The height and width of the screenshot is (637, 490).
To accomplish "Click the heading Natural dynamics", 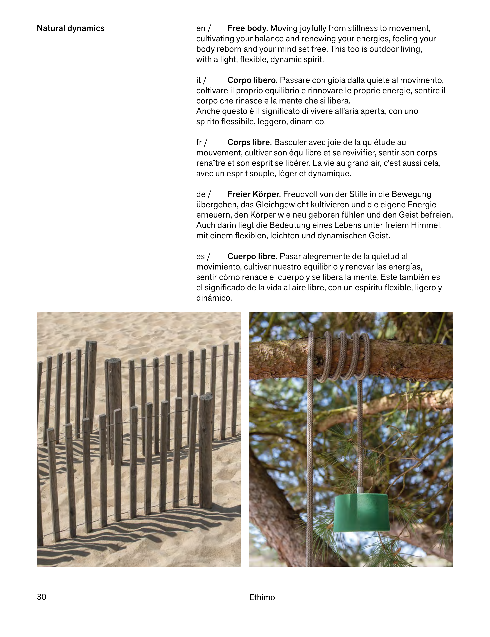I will (x=70, y=28).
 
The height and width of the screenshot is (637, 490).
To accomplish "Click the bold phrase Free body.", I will (x=247, y=28).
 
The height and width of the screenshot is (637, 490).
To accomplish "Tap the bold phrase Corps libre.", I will (x=249, y=142).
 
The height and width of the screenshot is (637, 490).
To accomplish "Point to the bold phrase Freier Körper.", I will (x=254, y=194).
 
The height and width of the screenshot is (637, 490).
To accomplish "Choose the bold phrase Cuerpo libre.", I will (x=252, y=256).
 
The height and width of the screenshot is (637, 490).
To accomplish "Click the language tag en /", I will (x=203, y=28).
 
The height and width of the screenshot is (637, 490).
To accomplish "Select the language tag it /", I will (x=201, y=80).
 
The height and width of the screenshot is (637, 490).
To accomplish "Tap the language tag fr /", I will (x=201, y=142).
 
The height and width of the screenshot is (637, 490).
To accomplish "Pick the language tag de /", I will (x=203, y=194).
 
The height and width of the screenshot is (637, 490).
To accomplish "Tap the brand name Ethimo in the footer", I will (x=262, y=597).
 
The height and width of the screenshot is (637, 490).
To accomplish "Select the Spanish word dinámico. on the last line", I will (x=214, y=298).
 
